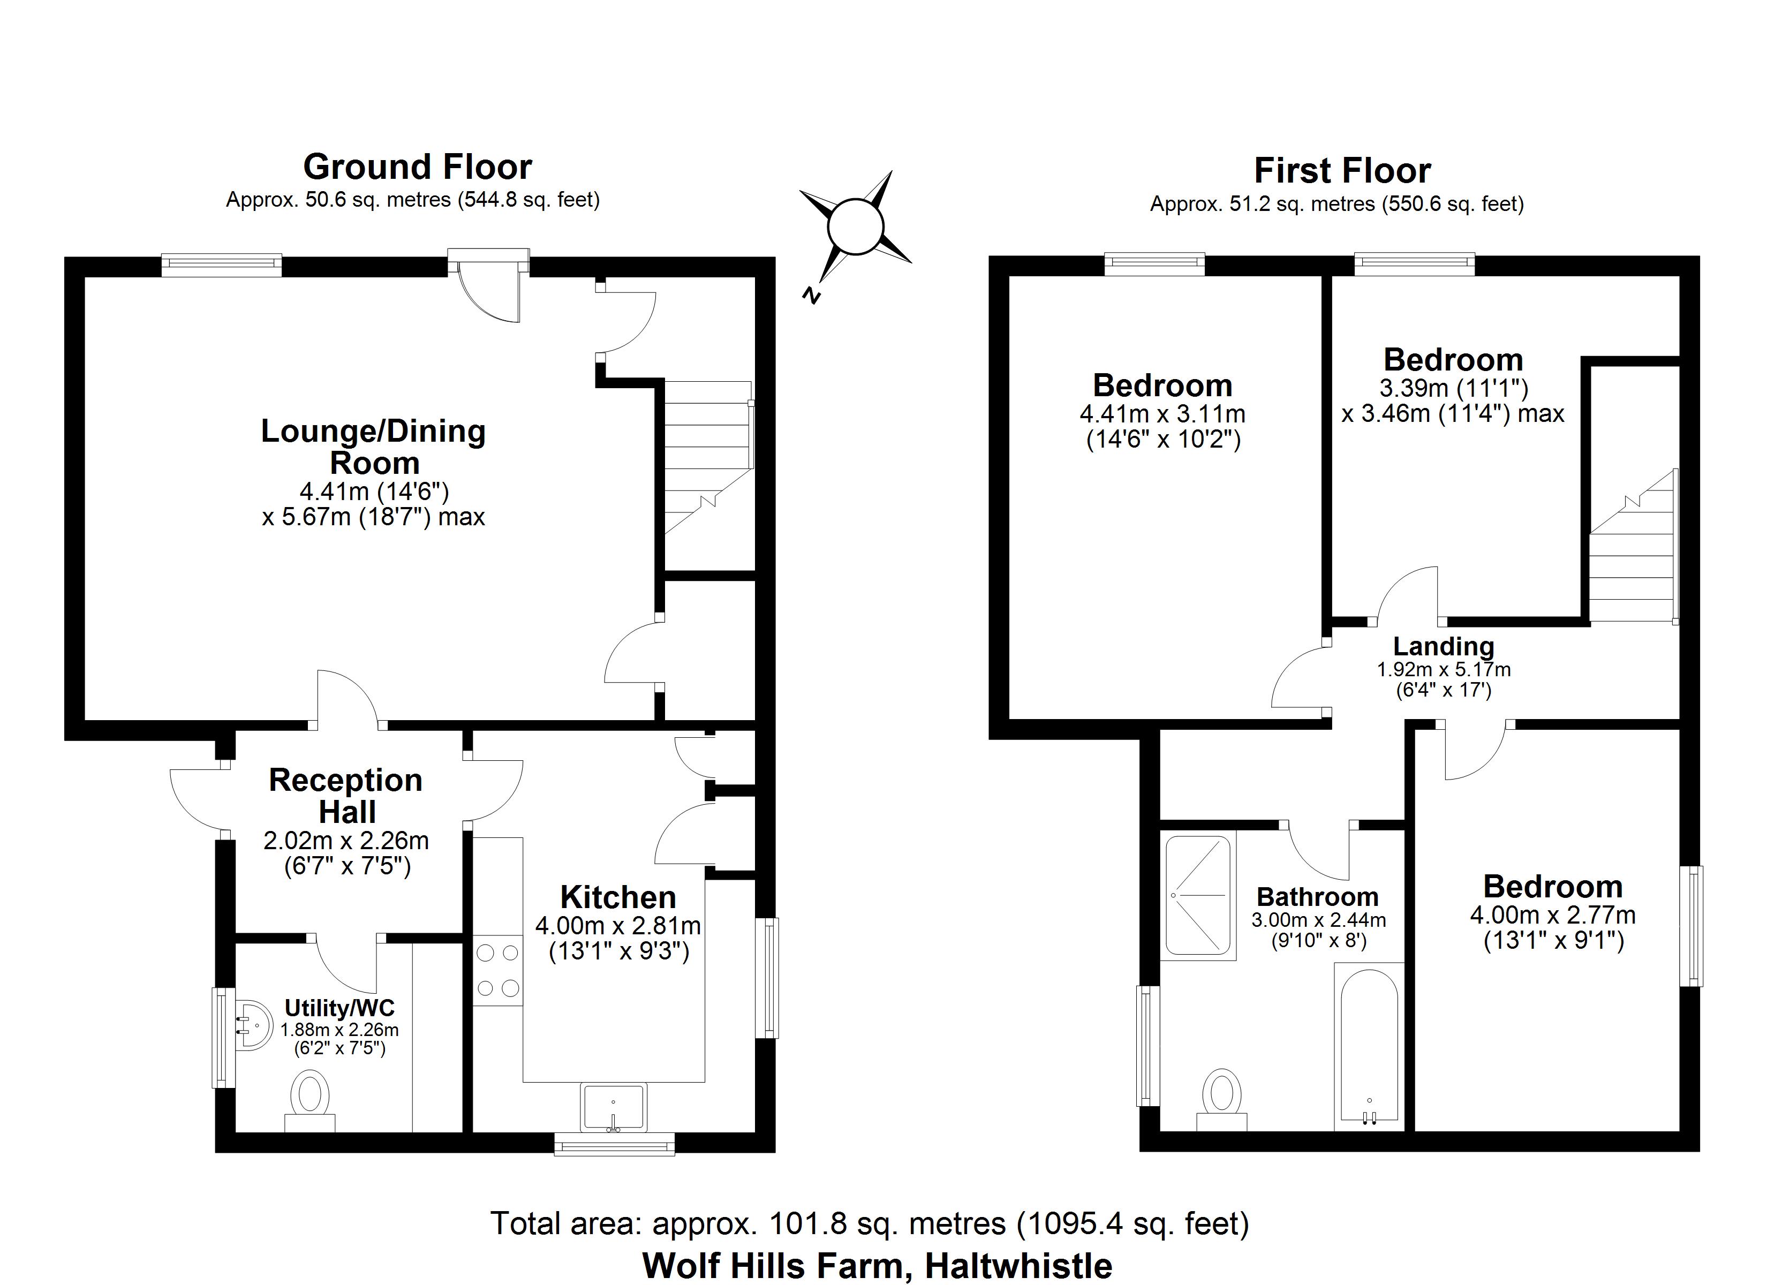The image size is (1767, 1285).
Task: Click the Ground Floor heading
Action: (x=418, y=167)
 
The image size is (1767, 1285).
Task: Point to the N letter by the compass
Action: (x=811, y=296)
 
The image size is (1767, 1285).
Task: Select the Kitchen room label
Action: (x=618, y=898)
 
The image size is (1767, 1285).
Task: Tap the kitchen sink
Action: (x=613, y=1107)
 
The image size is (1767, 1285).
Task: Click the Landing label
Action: (x=1443, y=646)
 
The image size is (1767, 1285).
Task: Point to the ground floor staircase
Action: (x=707, y=460)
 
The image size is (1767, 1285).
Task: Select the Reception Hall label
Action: (x=346, y=796)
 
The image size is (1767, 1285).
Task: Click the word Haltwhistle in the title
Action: (x=1018, y=1266)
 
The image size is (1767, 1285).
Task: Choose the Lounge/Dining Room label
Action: (x=373, y=447)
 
